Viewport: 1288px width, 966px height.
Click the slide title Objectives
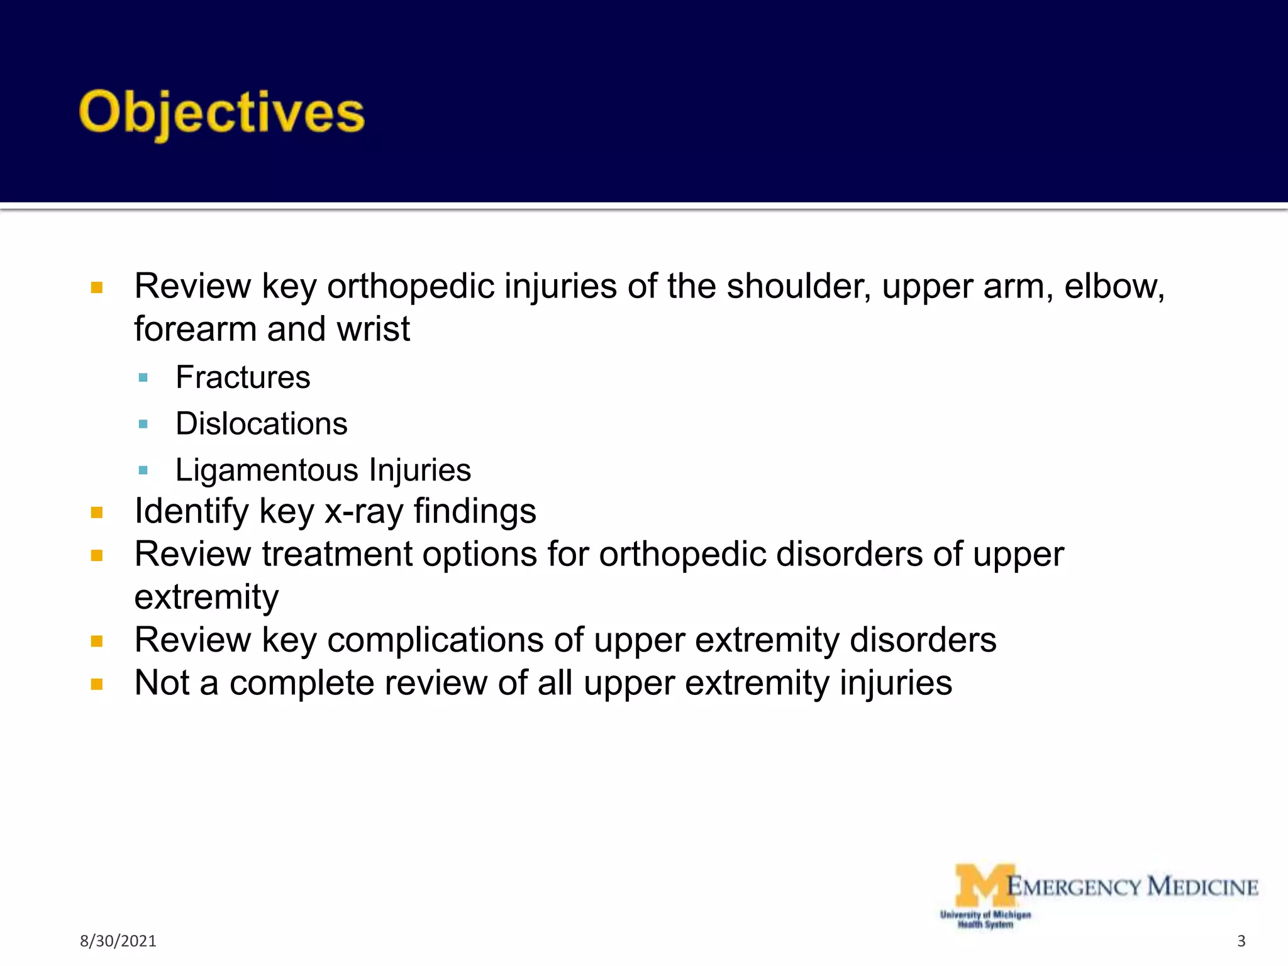tap(221, 113)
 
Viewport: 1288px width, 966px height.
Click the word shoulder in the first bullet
tap(798, 286)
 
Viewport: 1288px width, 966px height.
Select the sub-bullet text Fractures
tap(243, 377)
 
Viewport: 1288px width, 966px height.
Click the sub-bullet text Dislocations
tap(261, 424)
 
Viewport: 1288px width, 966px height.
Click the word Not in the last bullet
tap(162, 683)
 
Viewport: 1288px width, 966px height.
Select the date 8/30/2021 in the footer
tap(118, 941)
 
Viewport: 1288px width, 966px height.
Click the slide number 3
tap(1241, 941)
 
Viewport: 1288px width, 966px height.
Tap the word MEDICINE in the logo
tap(1202, 887)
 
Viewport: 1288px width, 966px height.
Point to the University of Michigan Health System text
tap(985, 919)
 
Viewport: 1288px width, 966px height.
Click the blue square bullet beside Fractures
tap(143, 378)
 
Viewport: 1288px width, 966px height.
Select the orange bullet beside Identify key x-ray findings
tap(96, 512)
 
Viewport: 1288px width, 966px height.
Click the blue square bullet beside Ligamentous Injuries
tap(143, 470)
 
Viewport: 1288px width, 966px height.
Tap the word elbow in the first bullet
tap(1113, 286)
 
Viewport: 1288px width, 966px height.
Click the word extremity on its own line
tap(206, 597)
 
